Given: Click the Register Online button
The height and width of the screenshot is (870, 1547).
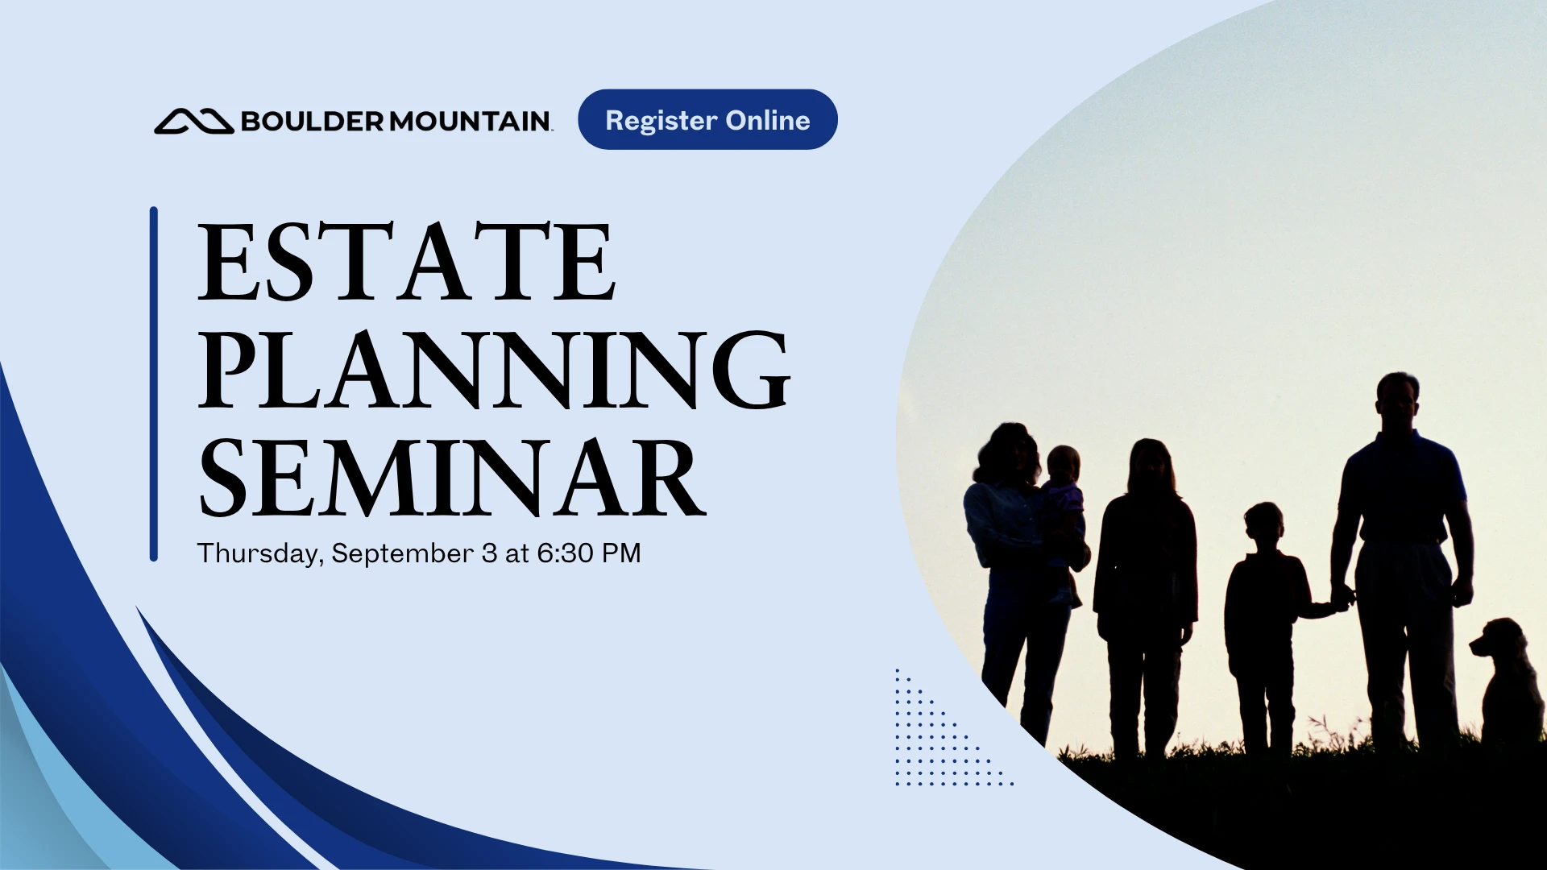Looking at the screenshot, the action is point(707,119).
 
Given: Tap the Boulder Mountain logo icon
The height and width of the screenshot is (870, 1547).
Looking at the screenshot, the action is point(193,121).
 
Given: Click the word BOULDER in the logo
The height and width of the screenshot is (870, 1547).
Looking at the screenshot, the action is point(313,121).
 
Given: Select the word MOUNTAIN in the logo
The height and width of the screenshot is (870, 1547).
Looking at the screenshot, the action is point(470,121).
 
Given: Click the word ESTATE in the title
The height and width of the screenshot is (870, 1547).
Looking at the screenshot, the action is point(407,262).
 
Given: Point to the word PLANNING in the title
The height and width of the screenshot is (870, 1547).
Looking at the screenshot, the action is point(494,370).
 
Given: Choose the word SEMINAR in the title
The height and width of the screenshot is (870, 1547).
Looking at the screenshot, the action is point(452,478).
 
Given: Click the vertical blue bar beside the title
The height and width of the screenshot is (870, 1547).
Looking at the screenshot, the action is point(154,384).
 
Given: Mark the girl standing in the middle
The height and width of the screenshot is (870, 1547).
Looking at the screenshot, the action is point(1146,596).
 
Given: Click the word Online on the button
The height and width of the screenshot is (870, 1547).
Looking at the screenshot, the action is point(768,120).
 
